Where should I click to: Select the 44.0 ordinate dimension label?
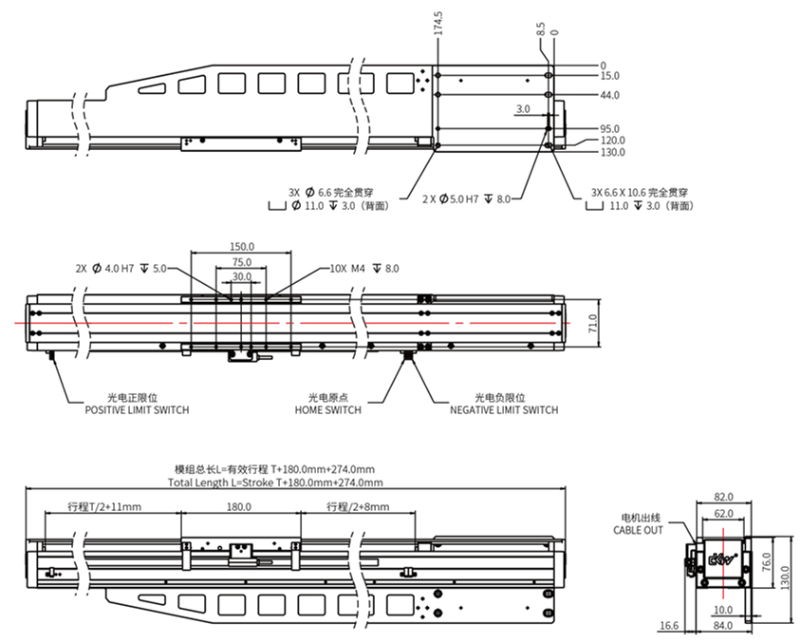click(x=610, y=95)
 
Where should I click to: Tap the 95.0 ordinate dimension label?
click(x=610, y=128)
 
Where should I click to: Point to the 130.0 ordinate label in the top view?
click(x=613, y=151)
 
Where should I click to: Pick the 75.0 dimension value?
click(x=242, y=262)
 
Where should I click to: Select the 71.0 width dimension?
click(x=593, y=325)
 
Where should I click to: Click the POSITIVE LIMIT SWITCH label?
click(x=137, y=410)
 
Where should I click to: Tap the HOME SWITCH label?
click(x=327, y=410)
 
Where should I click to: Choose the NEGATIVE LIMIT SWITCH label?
click(x=503, y=410)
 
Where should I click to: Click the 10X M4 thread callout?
click(x=364, y=269)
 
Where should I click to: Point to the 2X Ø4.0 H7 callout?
click(x=121, y=269)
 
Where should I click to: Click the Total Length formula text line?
click(x=271, y=482)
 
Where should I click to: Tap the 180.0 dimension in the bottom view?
click(x=240, y=507)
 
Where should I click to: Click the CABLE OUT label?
click(x=639, y=530)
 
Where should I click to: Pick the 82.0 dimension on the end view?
click(x=723, y=497)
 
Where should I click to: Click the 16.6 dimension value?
click(x=669, y=626)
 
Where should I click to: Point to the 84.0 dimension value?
click(x=723, y=626)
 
